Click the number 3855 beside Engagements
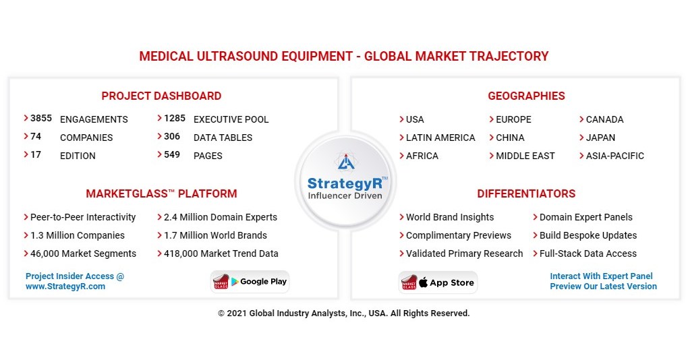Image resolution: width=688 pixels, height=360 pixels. point(41,119)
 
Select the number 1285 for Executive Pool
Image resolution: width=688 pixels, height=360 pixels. point(175,119)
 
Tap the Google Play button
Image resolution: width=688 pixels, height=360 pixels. point(250,282)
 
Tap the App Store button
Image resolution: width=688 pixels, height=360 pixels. point(438,283)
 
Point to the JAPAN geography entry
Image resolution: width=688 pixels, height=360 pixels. point(600,138)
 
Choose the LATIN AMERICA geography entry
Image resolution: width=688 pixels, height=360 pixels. point(440,138)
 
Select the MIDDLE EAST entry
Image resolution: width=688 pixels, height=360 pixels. point(525,156)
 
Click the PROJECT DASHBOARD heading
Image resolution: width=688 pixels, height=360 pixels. point(161,96)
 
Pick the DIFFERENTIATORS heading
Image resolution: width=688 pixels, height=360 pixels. point(526,193)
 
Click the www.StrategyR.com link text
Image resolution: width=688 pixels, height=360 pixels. point(65,287)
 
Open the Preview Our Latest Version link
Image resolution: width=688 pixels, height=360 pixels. point(603,287)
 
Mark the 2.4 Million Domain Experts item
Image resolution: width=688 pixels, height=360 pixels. point(221,217)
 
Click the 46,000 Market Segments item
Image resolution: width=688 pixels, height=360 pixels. point(83,253)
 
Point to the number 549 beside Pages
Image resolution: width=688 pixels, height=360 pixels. point(172,155)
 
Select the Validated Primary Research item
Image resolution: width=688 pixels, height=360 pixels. point(464,253)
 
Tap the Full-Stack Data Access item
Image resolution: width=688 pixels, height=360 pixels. point(587,253)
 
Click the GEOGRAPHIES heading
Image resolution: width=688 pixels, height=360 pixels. point(526,96)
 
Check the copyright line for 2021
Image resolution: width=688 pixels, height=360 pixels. point(343,313)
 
